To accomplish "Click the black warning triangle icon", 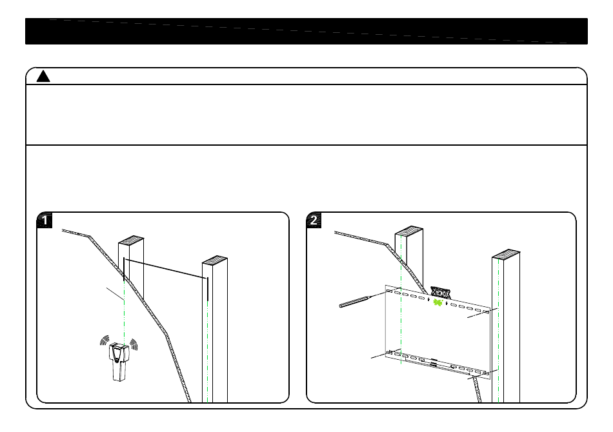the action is [43, 77].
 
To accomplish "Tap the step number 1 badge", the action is [45, 221].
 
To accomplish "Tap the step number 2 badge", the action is [314, 221].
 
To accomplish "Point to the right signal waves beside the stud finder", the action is [133, 342].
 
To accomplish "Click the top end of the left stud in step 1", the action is [131, 241].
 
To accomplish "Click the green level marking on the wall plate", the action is [438, 302].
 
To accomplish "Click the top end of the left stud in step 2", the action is [408, 231].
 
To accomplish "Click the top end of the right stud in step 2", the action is [505, 253].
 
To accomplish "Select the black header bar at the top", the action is [306, 31].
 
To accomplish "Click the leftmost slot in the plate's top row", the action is [390, 291].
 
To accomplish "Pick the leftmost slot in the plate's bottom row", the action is [389, 352].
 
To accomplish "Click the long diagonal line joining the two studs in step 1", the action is [165, 268].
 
